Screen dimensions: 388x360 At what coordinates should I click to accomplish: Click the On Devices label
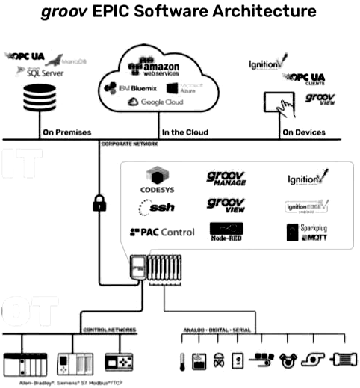[303, 132]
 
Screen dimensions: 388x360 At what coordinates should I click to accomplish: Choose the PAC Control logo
[162, 233]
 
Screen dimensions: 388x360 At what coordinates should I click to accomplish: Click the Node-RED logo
[226, 232]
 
